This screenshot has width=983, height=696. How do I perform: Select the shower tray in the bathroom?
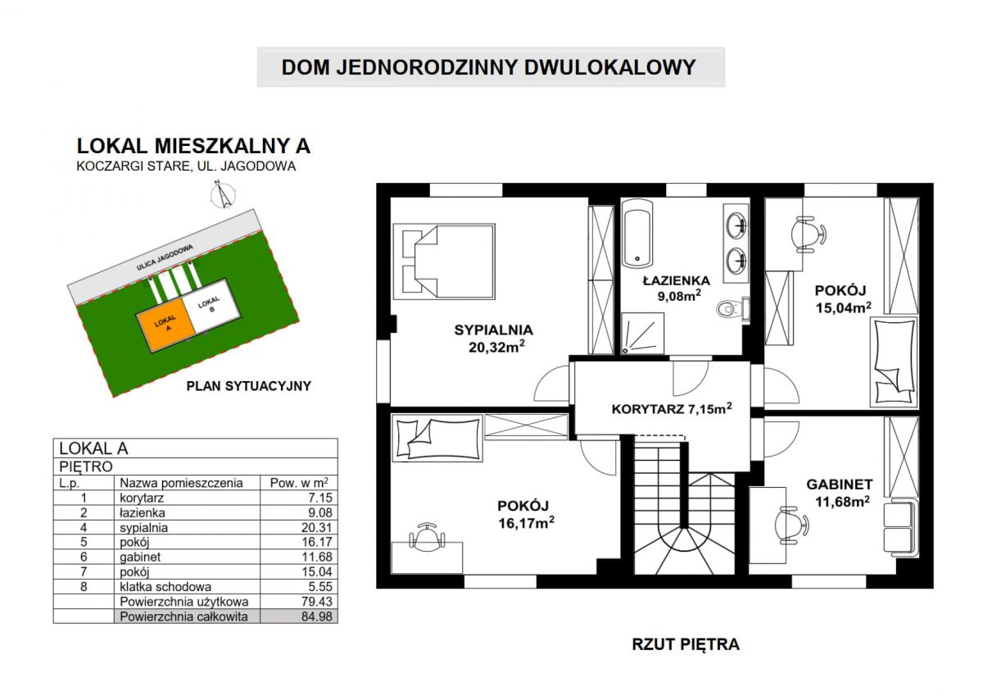point(642,334)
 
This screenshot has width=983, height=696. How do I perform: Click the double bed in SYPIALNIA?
point(444,262)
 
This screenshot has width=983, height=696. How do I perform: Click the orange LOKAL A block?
point(166,324)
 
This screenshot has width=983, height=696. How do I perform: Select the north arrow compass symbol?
point(223,193)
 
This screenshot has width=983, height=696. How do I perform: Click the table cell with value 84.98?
point(299,616)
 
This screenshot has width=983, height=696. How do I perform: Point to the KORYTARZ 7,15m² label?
point(672,409)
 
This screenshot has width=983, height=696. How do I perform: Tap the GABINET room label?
point(840,484)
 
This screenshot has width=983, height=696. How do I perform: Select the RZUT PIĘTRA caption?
point(686,644)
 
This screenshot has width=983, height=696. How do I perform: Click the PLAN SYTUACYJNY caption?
point(249,386)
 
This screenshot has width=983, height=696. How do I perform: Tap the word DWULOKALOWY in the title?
point(610,67)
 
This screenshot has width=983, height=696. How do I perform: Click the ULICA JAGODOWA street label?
point(165,257)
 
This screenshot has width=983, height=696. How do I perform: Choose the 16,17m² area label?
point(526,523)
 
